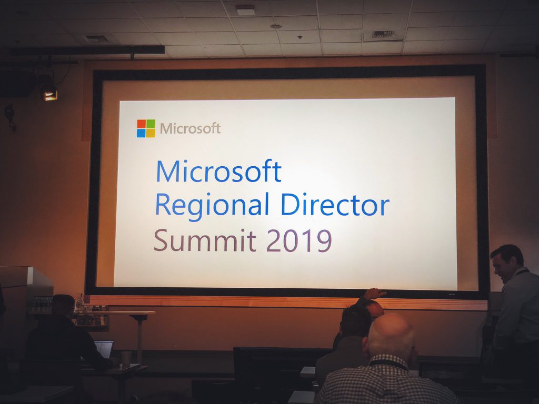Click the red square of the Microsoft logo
click(x=141, y=124)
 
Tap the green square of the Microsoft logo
click(x=151, y=124)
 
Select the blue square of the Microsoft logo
click(x=141, y=133)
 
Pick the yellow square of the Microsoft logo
click(x=151, y=133)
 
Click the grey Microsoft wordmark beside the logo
click(x=190, y=128)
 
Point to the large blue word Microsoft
click(x=218, y=171)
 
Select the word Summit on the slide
click(x=205, y=240)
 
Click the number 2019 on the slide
click(x=299, y=240)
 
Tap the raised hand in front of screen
click(x=375, y=294)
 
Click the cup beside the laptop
click(x=126, y=359)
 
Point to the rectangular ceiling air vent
click(x=384, y=35)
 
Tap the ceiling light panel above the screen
click(x=245, y=10)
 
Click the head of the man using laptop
click(x=63, y=305)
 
